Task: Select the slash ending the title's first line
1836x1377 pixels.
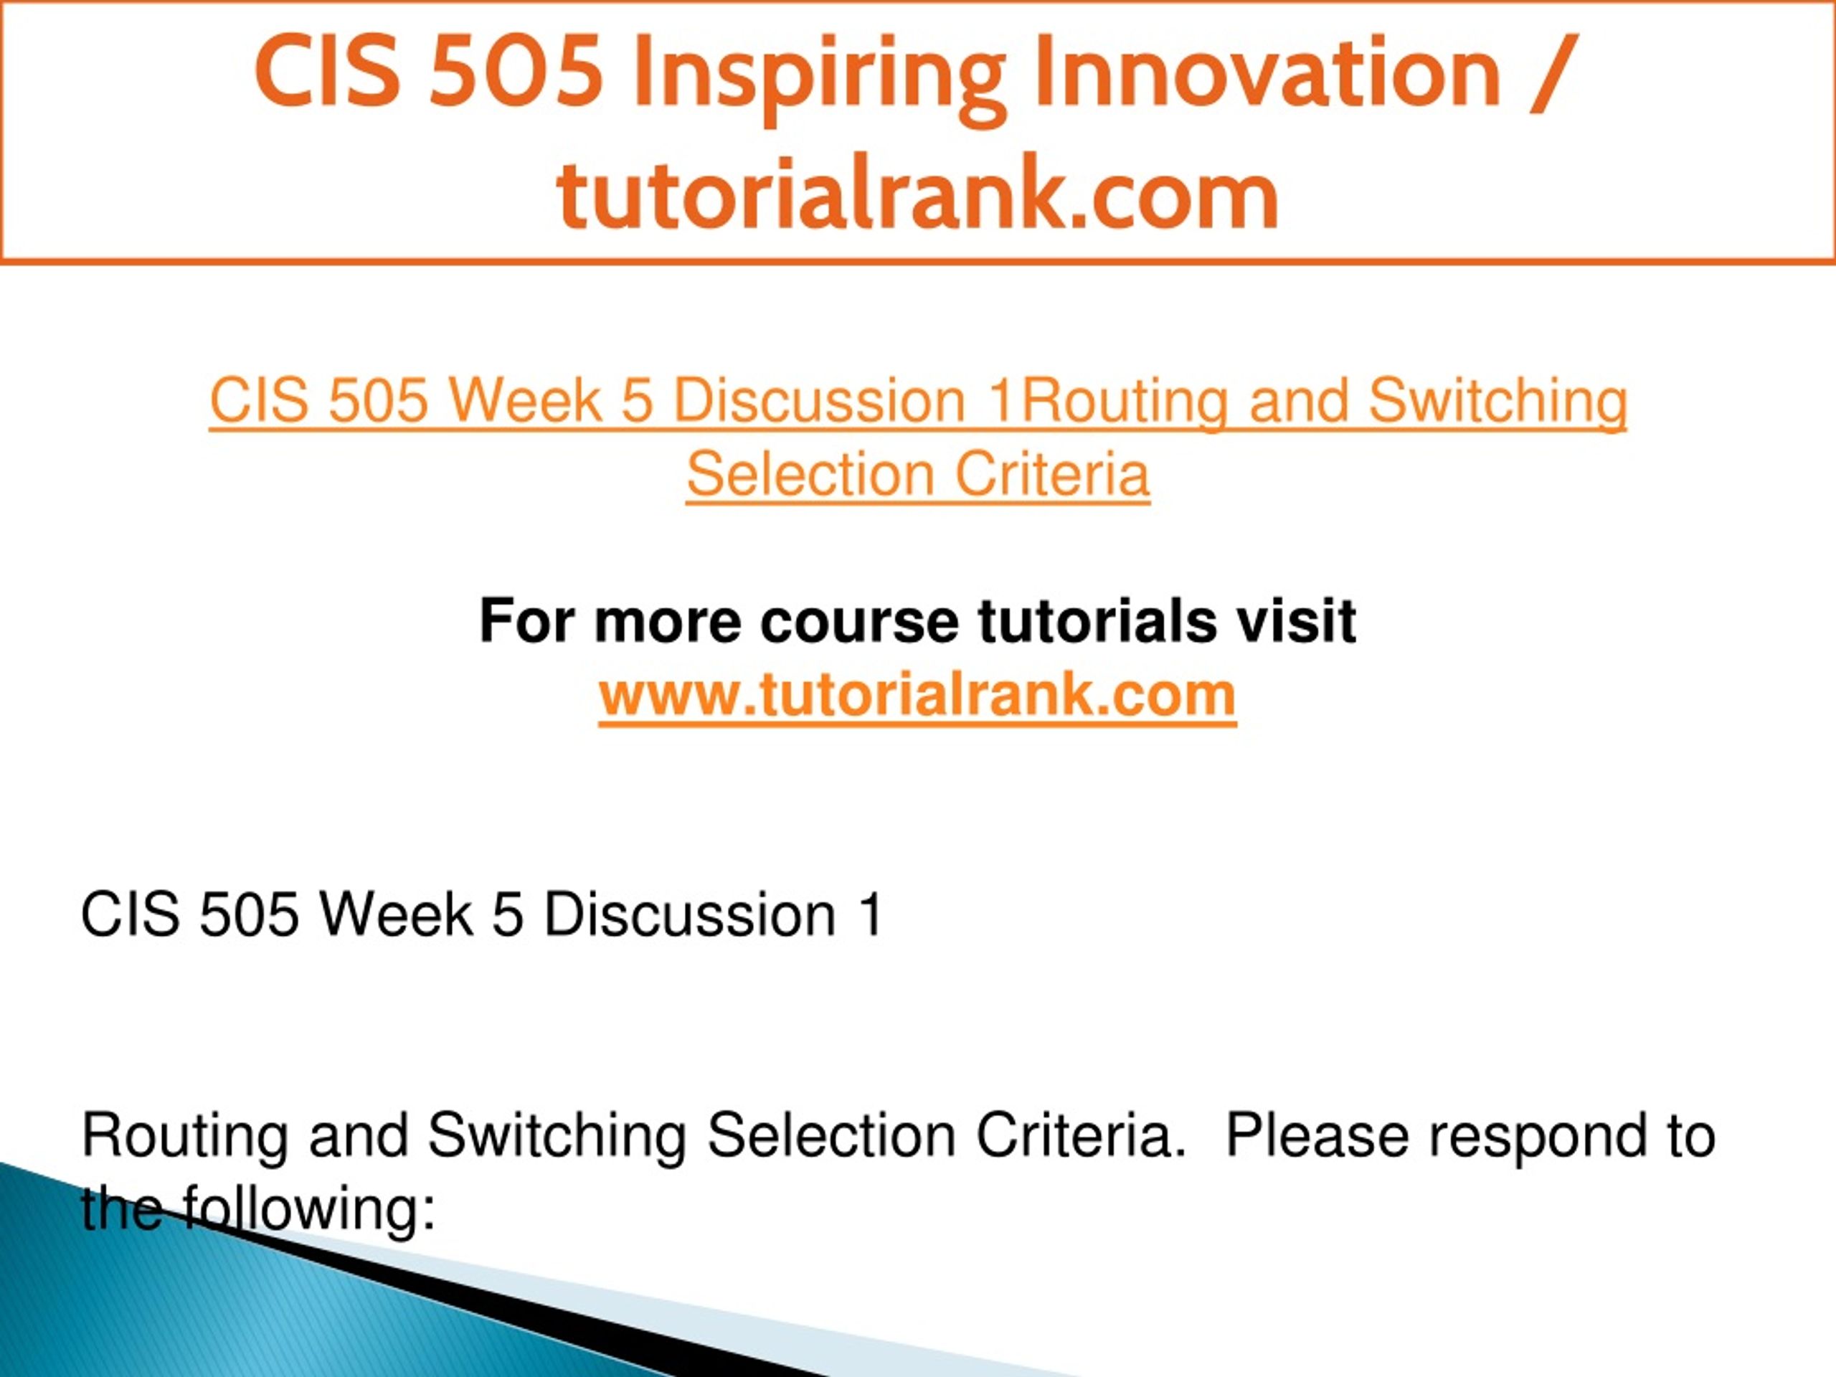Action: click(x=1553, y=72)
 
